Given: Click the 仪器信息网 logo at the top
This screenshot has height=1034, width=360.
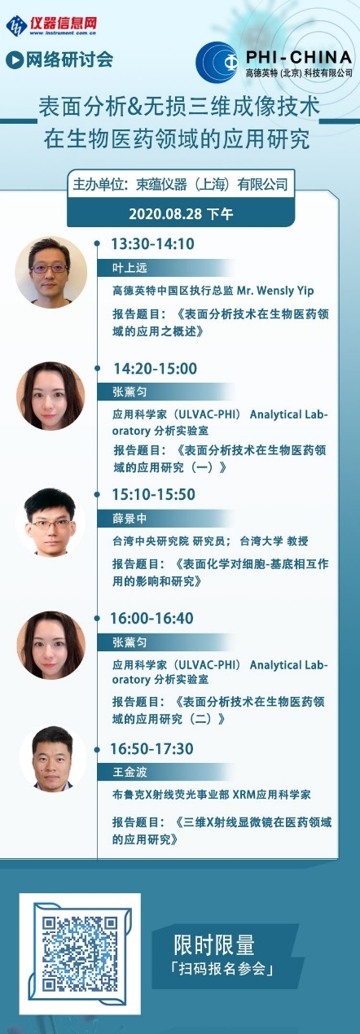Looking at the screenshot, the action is [x=51, y=25].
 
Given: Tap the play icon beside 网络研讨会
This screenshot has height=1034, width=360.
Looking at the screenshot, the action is [x=15, y=60].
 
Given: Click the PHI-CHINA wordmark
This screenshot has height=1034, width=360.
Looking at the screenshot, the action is [x=299, y=58].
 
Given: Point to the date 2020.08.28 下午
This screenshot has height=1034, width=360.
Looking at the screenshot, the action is [x=181, y=214].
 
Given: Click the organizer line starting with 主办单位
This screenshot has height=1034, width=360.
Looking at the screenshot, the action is [x=181, y=185].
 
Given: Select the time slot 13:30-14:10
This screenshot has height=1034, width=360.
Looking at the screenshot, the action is [x=153, y=243].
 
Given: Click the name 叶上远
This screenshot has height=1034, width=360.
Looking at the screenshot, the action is [x=130, y=268].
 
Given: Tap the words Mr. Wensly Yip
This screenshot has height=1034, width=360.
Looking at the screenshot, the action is [x=275, y=291].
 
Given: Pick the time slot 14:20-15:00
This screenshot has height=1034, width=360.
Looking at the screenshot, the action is [x=156, y=368].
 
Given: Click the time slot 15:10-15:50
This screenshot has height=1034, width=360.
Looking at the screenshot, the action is [x=154, y=494].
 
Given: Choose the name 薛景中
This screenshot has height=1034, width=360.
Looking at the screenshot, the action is [x=130, y=519].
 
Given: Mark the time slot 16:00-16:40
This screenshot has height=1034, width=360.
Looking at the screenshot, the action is [x=151, y=618].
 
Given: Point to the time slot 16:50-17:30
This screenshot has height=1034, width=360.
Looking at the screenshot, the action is [x=151, y=748].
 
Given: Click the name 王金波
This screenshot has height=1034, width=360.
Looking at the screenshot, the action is [x=130, y=772].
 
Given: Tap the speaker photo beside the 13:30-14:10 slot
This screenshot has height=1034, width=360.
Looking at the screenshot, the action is [x=50, y=273].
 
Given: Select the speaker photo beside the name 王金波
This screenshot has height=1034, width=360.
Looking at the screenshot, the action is [x=53, y=759].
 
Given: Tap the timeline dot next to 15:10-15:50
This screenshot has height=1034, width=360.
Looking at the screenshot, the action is [x=97, y=494].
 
